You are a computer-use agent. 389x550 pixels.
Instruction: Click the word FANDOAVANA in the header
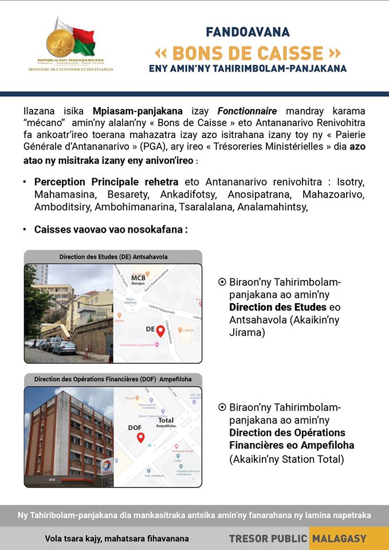[x=248, y=32]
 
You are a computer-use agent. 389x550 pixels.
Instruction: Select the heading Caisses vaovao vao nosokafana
[x=111, y=229]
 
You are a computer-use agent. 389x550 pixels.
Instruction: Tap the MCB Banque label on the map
[x=138, y=279]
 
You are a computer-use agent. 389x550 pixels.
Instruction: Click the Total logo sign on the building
[x=106, y=466]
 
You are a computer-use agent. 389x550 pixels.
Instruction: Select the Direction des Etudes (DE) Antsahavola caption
[x=113, y=257]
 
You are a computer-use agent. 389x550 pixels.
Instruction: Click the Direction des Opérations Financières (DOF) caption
[x=113, y=379]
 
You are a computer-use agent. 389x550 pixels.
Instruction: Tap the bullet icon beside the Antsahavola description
[x=222, y=282]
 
